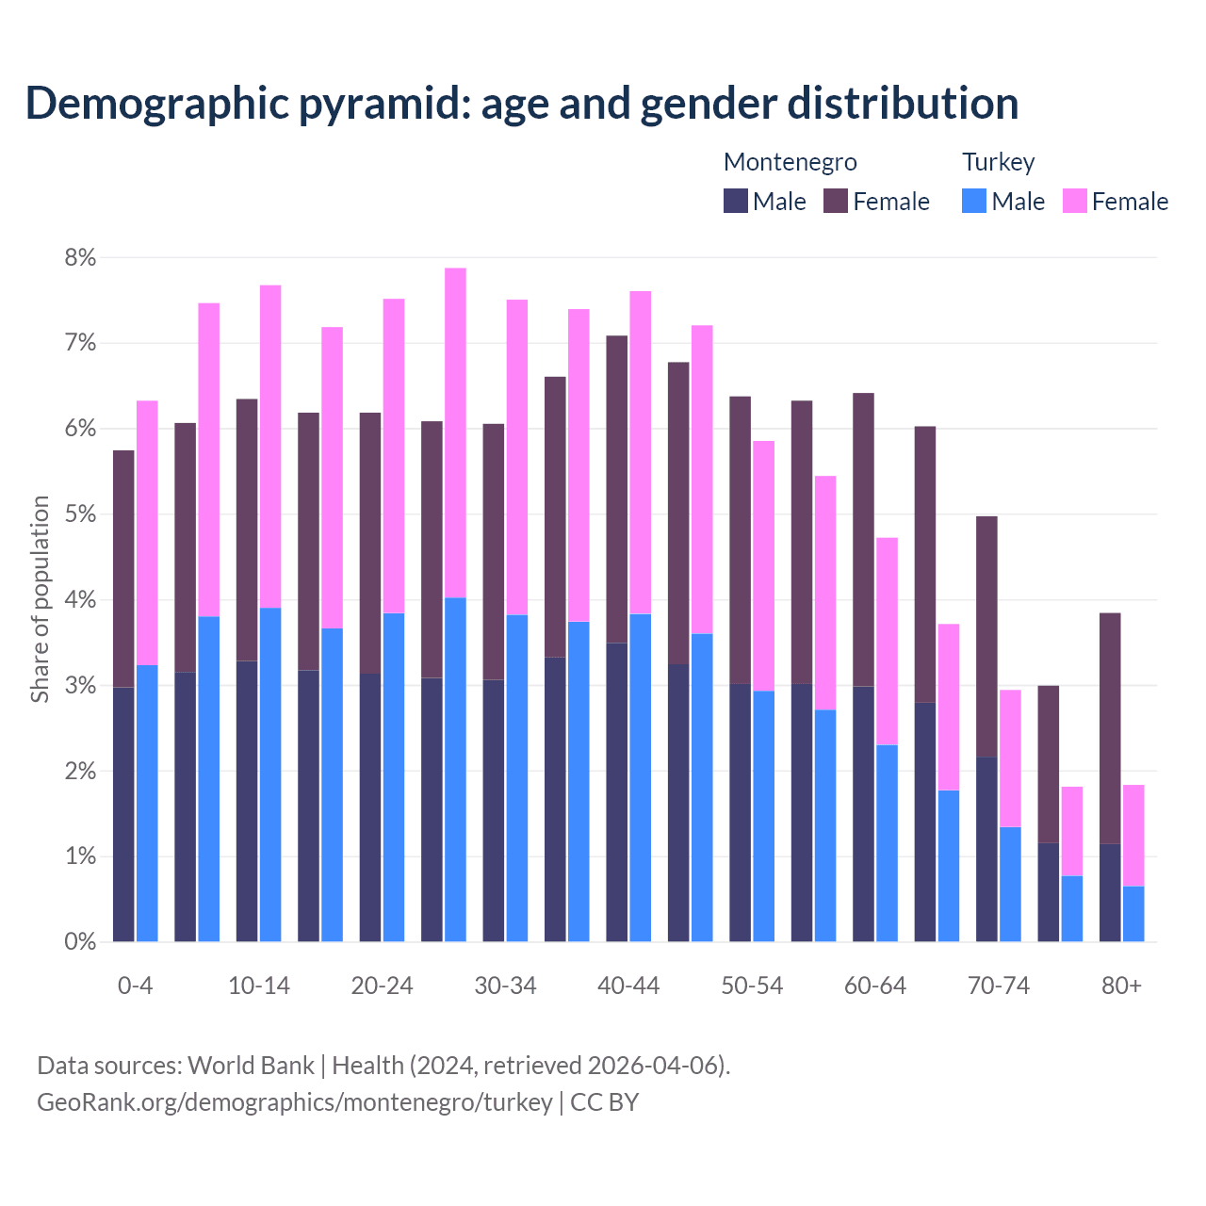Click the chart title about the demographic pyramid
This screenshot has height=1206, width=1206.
(x=522, y=104)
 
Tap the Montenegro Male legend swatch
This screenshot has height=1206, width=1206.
(x=736, y=201)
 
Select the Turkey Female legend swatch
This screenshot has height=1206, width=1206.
(x=1074, y=201)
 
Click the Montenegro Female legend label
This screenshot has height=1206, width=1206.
(x=891, y=202)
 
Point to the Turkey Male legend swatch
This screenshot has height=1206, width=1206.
(x=974, y=201)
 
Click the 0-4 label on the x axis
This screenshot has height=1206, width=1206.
(x=135, y=986)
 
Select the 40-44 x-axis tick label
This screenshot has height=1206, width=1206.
(x=628, y=986)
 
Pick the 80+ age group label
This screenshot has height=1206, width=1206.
(x=1121, y=986)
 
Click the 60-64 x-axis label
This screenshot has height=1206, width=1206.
(x=875, y=986)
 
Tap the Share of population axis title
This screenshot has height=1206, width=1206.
(x=41, y=599)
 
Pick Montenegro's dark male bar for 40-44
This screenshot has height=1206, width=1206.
(x=617, y=791)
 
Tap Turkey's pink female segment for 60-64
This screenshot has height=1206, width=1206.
(x=887, y=641)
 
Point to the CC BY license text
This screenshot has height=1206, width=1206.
(x=605, y=1102)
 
